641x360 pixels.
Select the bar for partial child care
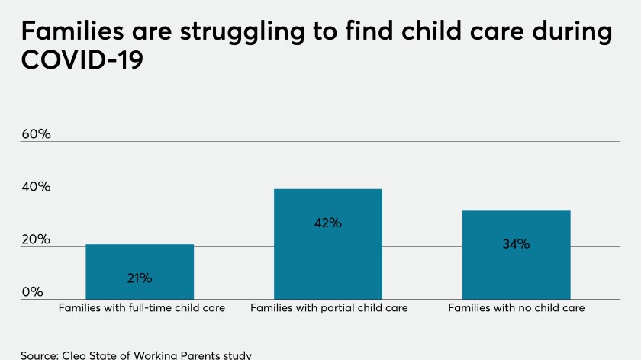328,244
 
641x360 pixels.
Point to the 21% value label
140,278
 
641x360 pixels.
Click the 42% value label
328,223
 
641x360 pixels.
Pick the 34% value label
516,245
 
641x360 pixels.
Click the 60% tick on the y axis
36,134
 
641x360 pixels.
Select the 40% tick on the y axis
36,187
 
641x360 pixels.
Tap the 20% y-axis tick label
36,239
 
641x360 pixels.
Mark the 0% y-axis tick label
32,292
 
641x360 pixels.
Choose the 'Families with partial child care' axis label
329,308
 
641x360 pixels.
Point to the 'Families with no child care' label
516,308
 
